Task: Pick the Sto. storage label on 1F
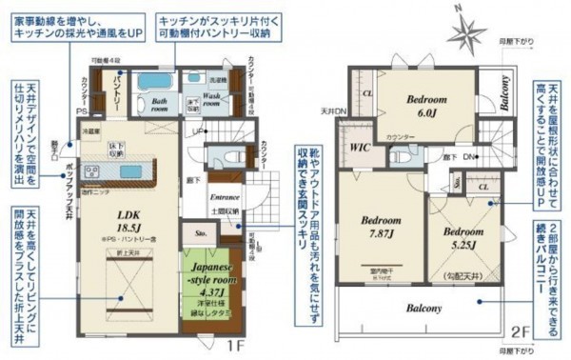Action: [x=201, y=231]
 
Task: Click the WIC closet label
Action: [x=359, y=148]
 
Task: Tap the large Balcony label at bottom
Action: [x=425, y=309]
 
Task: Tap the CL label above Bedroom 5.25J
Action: [x=483, y=188]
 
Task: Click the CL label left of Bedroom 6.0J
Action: [x=366, y=93]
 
